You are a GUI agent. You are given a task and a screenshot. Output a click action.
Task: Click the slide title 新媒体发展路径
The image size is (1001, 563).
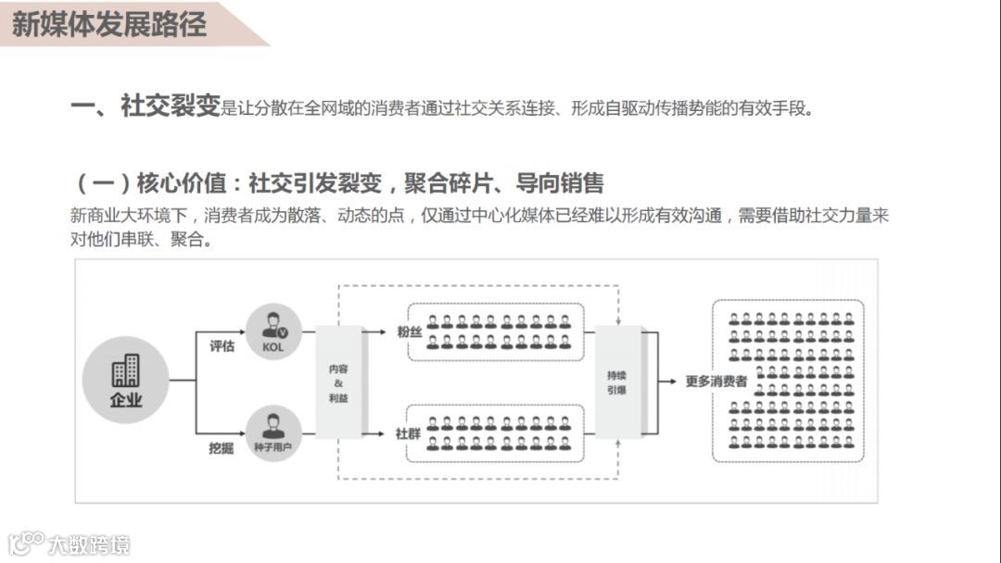point(109,23)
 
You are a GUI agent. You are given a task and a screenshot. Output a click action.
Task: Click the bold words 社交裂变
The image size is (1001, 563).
point(170,106)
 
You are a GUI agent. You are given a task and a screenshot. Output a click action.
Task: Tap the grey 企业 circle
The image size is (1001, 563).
point(126,380)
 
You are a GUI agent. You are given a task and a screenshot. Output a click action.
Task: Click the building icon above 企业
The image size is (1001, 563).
point(126,370)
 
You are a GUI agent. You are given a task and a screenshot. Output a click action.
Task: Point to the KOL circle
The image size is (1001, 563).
point(273,331)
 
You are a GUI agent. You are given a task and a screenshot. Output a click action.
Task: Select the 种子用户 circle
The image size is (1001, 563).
point(273,432)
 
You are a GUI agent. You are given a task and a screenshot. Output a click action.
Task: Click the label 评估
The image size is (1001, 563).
point(222,346)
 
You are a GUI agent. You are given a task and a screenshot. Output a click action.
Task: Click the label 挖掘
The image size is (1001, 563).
point(222,448)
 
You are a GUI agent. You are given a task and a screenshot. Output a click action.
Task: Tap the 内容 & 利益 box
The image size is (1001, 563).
point(338,382)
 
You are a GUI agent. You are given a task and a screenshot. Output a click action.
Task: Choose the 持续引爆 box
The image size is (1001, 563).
point(617,382)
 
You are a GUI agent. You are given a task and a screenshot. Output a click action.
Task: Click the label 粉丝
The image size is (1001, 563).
point(409,331)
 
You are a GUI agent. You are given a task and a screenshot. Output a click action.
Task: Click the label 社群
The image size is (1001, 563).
point(409,432)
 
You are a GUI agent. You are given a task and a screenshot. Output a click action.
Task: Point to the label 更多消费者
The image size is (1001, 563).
point(716,381)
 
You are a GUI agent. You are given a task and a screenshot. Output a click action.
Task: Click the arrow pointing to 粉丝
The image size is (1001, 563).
point(374,330)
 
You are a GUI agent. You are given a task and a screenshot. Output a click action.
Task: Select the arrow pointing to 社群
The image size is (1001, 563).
point(374,432)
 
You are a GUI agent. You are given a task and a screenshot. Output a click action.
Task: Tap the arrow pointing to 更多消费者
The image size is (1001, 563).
point(667,381)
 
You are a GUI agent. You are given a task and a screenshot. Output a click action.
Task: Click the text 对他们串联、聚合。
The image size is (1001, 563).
point(142,240)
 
